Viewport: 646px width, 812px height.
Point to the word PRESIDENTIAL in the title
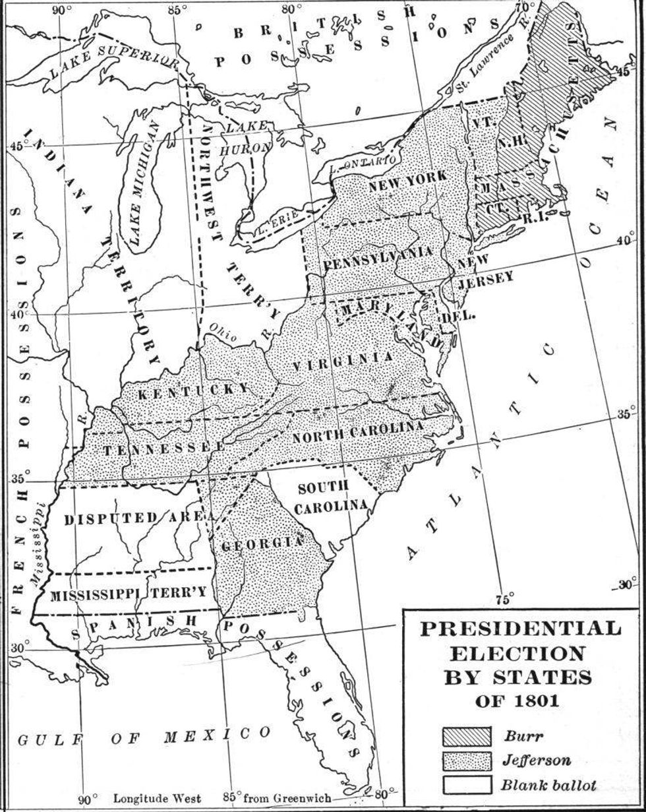point(520,628)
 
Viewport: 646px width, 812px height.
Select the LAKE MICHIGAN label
point(145,183)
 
